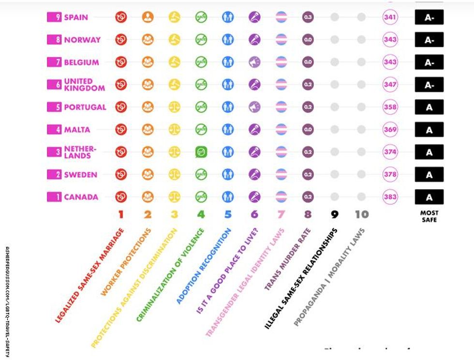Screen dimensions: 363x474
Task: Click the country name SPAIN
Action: pyautogui.click(x=76, y=17)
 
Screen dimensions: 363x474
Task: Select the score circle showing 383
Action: pyautogui.click(x=390, y=197)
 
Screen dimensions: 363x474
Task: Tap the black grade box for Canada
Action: pyautogui.click(x=429, y=197)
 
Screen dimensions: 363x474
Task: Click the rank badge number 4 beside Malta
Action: pyautogui.click(x=54, y=130)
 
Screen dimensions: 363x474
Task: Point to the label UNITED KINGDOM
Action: pyautogui.click(x=84, y=85)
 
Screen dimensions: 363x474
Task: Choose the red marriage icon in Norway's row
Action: pyautogui.click(x=121, y=40)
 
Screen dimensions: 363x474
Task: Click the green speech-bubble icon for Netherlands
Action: pyautogui.click(x=201, y=152)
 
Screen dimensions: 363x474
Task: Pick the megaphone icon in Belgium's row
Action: pyautogui.click(x=254, y=62)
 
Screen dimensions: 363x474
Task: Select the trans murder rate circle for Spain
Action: pyautogui.click(x=308, y=17)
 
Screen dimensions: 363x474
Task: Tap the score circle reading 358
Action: pyautogui.click(x=390, y=107)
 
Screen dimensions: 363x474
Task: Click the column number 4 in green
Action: pyautogui.click(x=201, y=214)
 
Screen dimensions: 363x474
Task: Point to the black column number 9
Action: pyautogui.click(x=334, y=214)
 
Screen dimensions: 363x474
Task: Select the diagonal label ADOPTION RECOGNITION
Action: pyautogui.click(x=203, y=266)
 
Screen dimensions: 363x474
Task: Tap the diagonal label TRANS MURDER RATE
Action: pyautogui.click(x=288, y=259)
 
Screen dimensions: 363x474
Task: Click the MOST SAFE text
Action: pyautogui.click(x=429, y=216)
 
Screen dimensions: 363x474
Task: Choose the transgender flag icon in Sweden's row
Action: pyautogui.click(x=281, y=174)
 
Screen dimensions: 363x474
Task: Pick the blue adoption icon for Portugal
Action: pyautogui.click(x=228, y=107)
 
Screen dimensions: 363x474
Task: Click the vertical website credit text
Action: pyautogui.click(x=7, y=300)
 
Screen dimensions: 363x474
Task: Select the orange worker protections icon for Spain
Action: pyautogui.click(x=148, y=17)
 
